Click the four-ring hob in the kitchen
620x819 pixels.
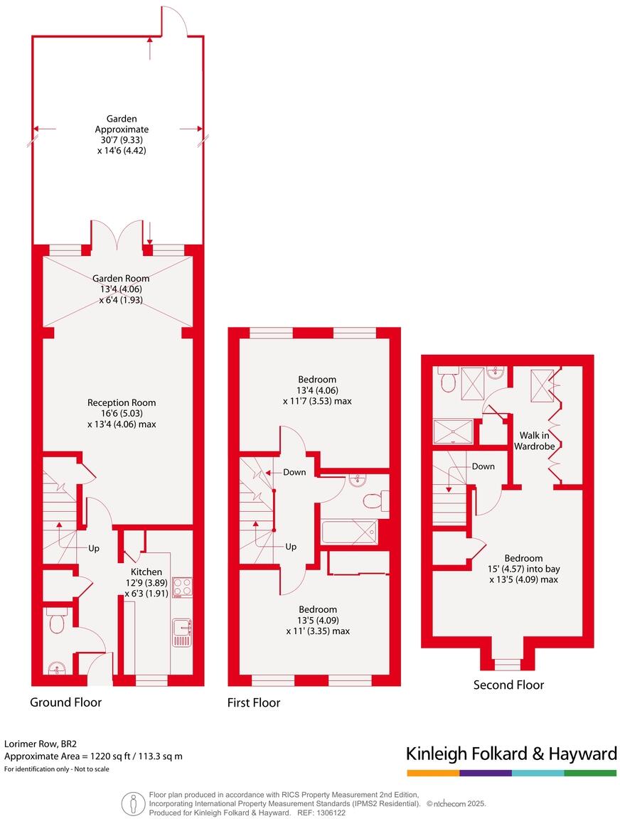click(181, 587)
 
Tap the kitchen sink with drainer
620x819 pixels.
click(181, 632)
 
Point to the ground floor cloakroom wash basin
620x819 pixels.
click(55, 668)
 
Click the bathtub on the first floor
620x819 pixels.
click(348, 531)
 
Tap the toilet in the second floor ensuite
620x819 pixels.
click(447, 382)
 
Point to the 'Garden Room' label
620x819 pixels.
click(117, 279)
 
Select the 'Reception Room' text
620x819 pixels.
click(121, 402)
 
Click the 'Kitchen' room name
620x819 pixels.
click(146, 572)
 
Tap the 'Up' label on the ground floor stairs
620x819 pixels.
click(94, 549)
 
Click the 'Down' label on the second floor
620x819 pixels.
click(483, 466)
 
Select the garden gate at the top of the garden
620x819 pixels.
click(175, 21)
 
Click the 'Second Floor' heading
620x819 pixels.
click(508, 685)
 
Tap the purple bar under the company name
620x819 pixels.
click(485, 773)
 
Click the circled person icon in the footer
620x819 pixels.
click(134, 803)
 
